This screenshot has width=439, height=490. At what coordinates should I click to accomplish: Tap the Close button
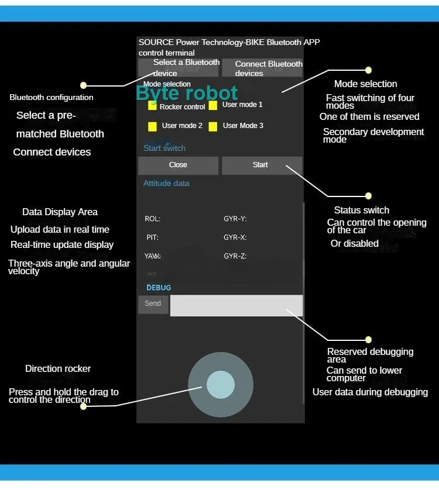pos(178,165)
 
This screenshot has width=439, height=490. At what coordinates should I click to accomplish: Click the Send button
pos(153,304)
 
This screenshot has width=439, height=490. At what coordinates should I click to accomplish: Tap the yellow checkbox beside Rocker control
pos(152,106)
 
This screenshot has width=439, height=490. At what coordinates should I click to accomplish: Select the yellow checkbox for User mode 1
pos(213,105)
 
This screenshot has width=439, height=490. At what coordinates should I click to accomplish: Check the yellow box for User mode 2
pos(152,126)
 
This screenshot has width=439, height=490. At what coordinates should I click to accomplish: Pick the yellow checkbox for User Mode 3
pos(213,126)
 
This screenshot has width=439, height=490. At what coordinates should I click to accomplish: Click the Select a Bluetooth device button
pos(178,68)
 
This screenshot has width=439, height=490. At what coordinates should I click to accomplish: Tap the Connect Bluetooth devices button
pos(262,68)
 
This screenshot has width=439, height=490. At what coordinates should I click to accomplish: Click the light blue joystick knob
pos(221,384)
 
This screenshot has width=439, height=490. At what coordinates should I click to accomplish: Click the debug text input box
pos(236,305)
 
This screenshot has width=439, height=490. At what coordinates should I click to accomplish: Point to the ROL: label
pos(153,219)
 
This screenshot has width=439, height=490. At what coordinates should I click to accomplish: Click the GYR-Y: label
pos(235,219)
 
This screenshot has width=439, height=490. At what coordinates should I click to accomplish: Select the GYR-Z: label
pos(235,256)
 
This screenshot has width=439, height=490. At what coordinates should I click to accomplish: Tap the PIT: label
pos(153,238)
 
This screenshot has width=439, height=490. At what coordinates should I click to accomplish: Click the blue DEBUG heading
pos(159,288)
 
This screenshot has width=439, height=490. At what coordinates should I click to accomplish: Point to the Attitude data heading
pos(166,184)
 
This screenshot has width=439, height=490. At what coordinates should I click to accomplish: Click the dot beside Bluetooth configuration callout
pos(83,85)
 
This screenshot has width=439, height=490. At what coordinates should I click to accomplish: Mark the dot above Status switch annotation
pos(368,196)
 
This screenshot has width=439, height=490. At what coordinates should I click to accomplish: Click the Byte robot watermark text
pos(187,93)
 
